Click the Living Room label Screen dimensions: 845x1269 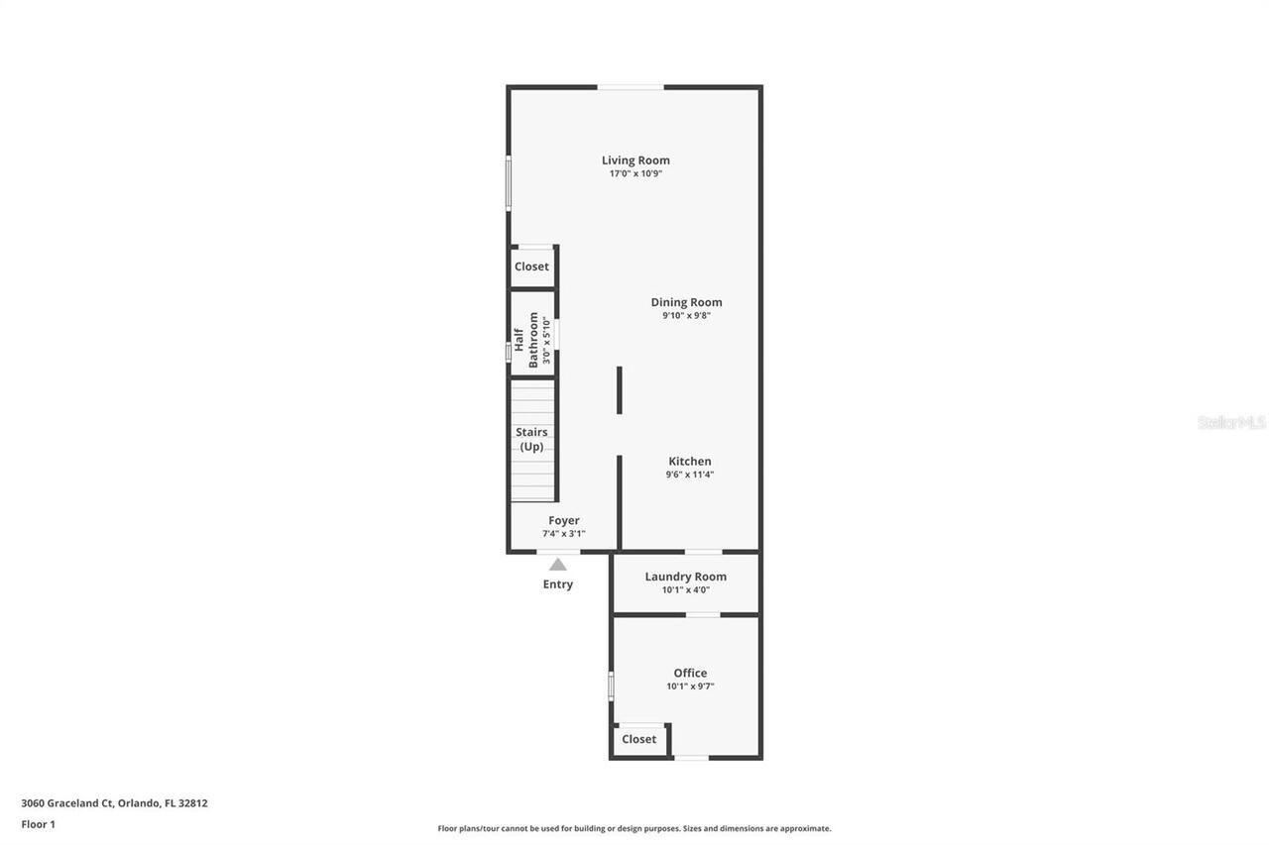tap(635, 160)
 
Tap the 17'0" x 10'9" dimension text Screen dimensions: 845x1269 tap(635, 173)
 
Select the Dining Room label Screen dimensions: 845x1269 tap(686, 302)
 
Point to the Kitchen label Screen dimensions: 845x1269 tap(689, 462)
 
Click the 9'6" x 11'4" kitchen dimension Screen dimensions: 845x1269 tap(689, 475)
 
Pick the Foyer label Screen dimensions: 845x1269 tap(563, 521)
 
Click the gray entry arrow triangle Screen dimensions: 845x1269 tap(558, 565)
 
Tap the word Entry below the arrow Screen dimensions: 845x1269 tap(557, 584)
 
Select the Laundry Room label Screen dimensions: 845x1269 tap(685, 577)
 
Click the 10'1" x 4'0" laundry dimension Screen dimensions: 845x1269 tap(685, 590)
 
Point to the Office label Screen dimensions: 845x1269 tap(690, 674)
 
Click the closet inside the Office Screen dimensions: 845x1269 tap(638, 739)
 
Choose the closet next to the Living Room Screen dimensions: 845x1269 tap(531, 266)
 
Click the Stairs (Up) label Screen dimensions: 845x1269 tap(531, 439)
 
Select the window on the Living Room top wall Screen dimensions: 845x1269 tap(630, 87)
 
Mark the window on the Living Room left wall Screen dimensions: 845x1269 tap(509, 183)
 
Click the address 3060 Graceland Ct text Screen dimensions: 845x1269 tap(114, 803)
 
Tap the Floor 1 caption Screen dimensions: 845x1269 tap(39, 824)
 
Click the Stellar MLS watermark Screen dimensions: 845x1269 tap(1231, 423)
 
